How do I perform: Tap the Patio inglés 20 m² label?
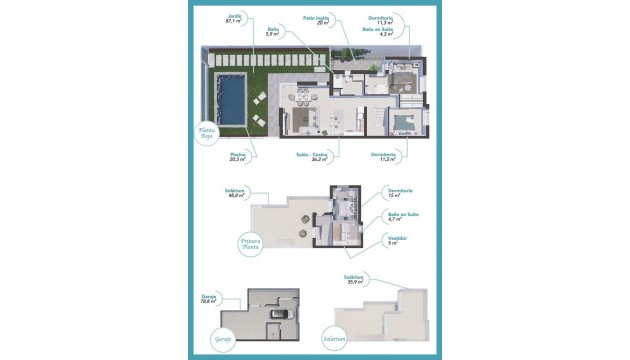coord(317,20)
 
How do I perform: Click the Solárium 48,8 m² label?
coord(236,194)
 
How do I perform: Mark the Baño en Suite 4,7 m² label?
coord(401,215)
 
